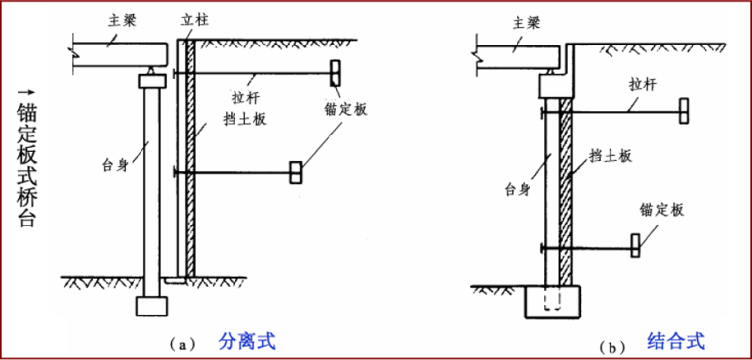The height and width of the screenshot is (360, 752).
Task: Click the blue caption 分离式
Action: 244,342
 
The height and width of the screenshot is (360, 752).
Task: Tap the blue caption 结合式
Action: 676,341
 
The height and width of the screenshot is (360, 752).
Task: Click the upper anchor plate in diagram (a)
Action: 335,72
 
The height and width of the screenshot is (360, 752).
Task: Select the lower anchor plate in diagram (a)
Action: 295,173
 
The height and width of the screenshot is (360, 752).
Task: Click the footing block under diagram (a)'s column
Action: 150,306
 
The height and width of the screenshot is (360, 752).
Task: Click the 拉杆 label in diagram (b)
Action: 642,85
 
